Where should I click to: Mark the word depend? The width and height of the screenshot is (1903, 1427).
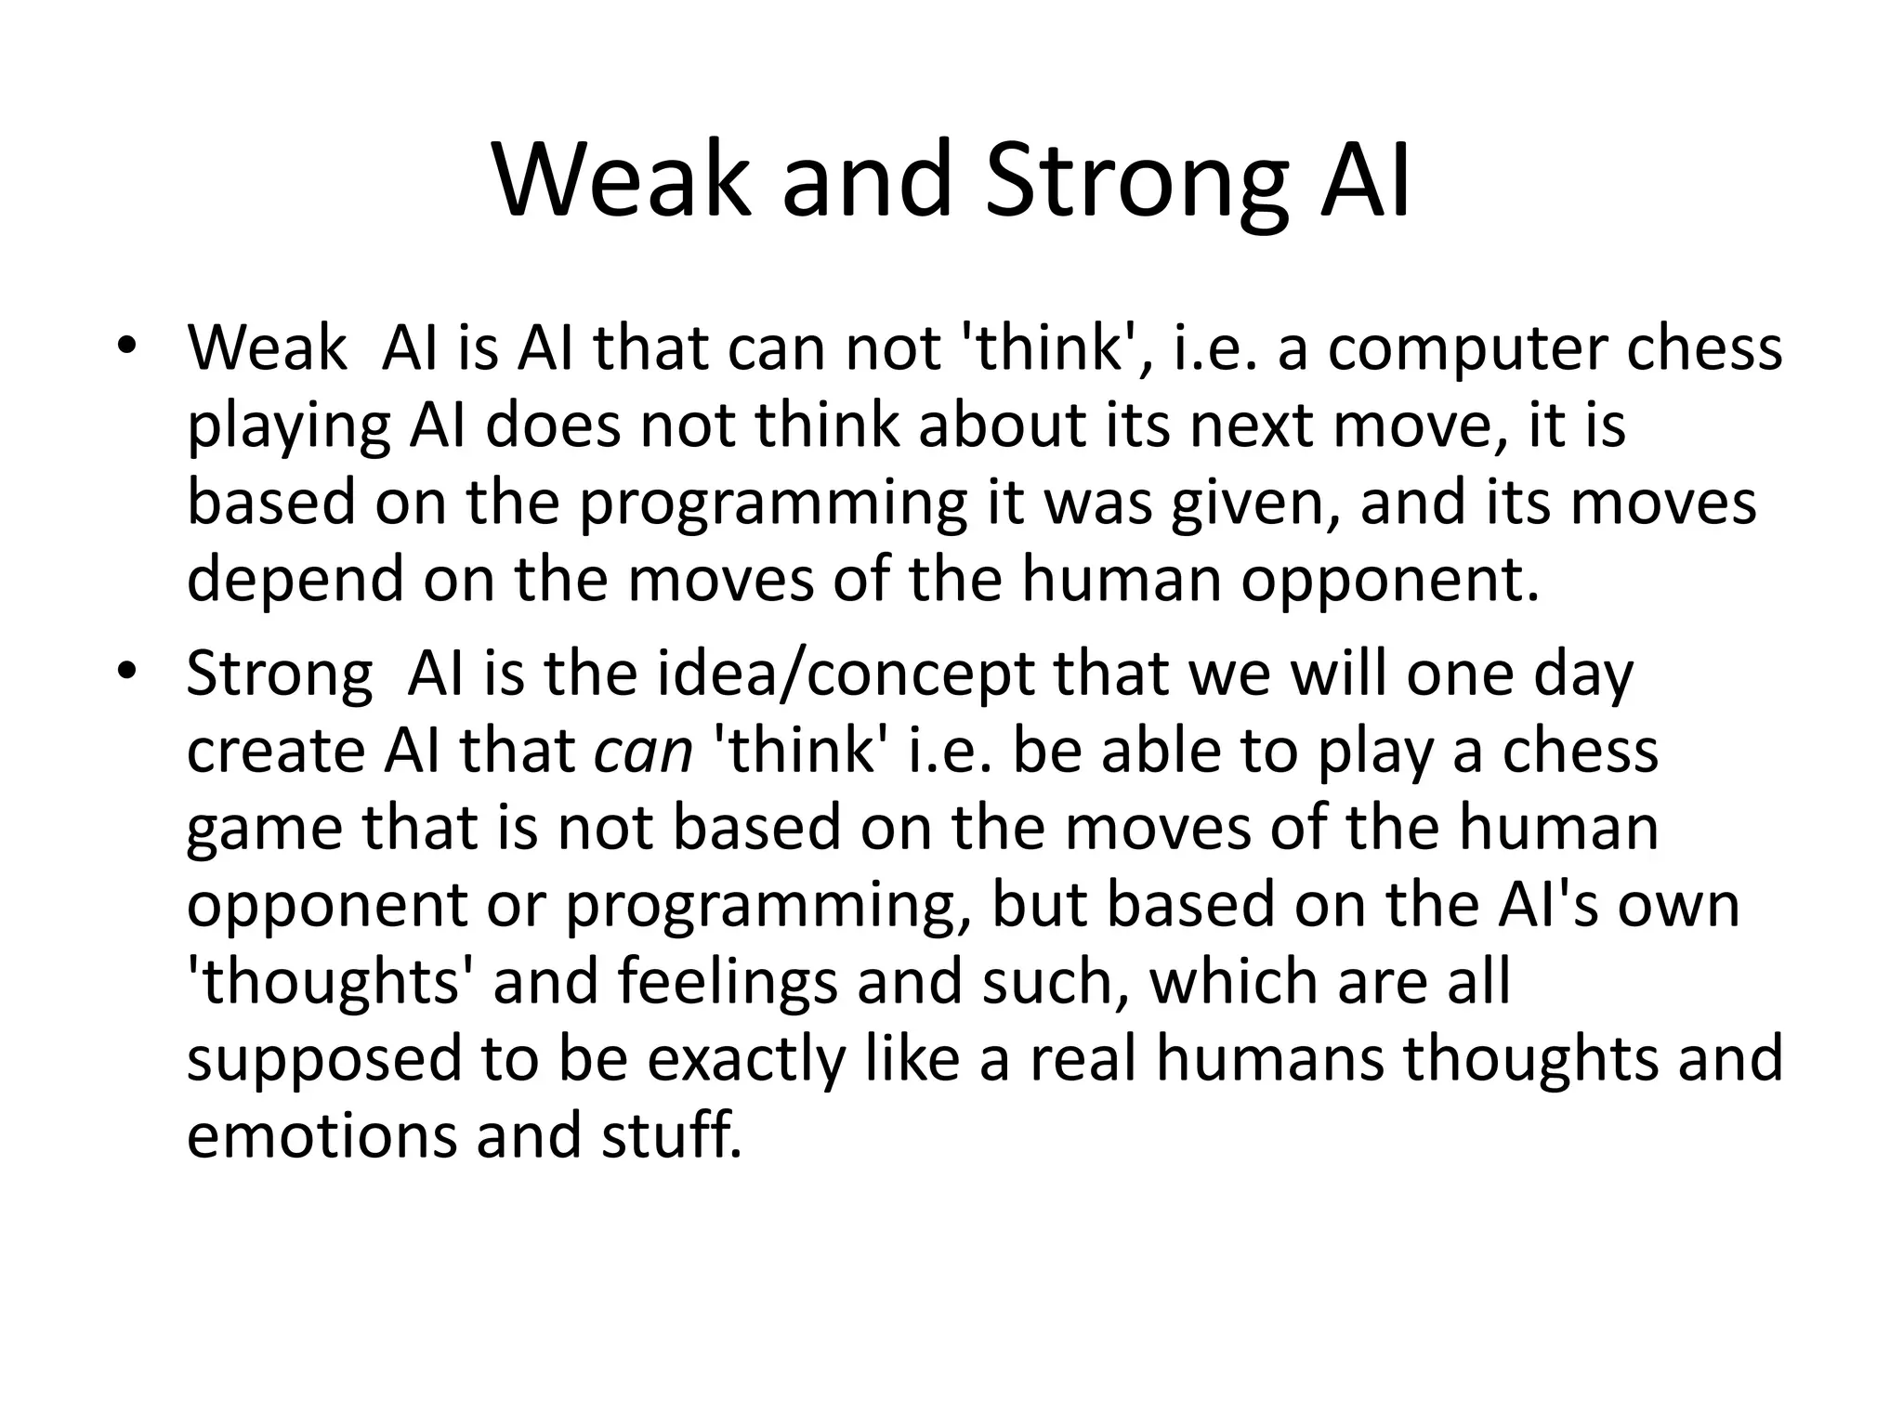pos(295,580)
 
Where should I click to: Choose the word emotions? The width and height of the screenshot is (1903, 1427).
pos(321,1135)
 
